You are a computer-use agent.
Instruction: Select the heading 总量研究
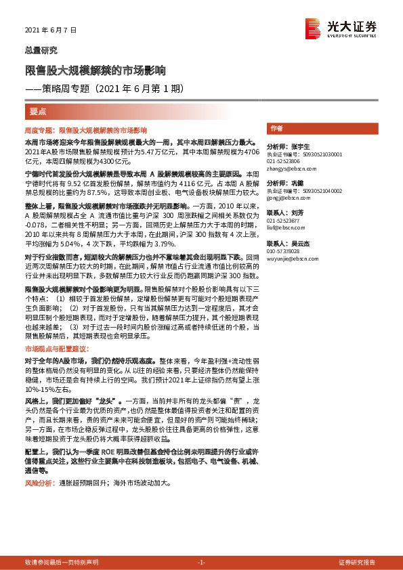41,50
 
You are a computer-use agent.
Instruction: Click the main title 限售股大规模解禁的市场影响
96,70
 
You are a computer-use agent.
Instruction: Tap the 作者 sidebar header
276,128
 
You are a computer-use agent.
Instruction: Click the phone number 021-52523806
284,161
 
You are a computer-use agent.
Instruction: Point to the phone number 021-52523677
284,221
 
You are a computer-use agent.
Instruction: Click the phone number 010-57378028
284,250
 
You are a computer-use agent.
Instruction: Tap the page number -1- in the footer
201,563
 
